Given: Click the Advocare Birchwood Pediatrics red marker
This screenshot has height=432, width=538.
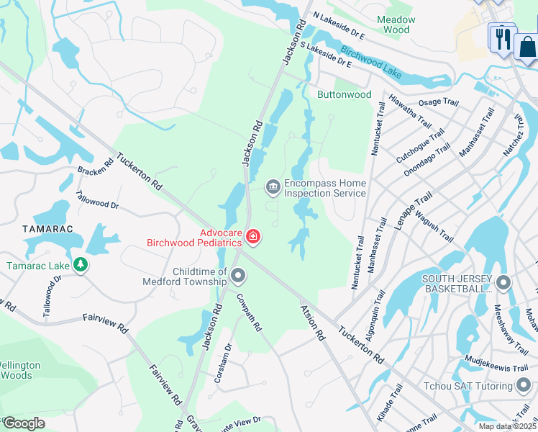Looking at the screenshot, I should (252, 236).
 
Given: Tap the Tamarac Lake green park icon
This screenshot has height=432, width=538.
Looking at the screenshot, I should (81, 266).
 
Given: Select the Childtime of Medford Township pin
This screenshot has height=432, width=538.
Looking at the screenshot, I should (238, 276).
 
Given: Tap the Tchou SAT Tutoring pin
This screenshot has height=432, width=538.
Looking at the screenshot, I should (523, 386).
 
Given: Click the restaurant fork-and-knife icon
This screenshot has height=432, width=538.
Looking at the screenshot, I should (501, 37).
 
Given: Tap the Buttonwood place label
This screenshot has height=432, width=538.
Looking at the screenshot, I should (345, 94).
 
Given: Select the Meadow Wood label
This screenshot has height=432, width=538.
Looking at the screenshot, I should (396, 24).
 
